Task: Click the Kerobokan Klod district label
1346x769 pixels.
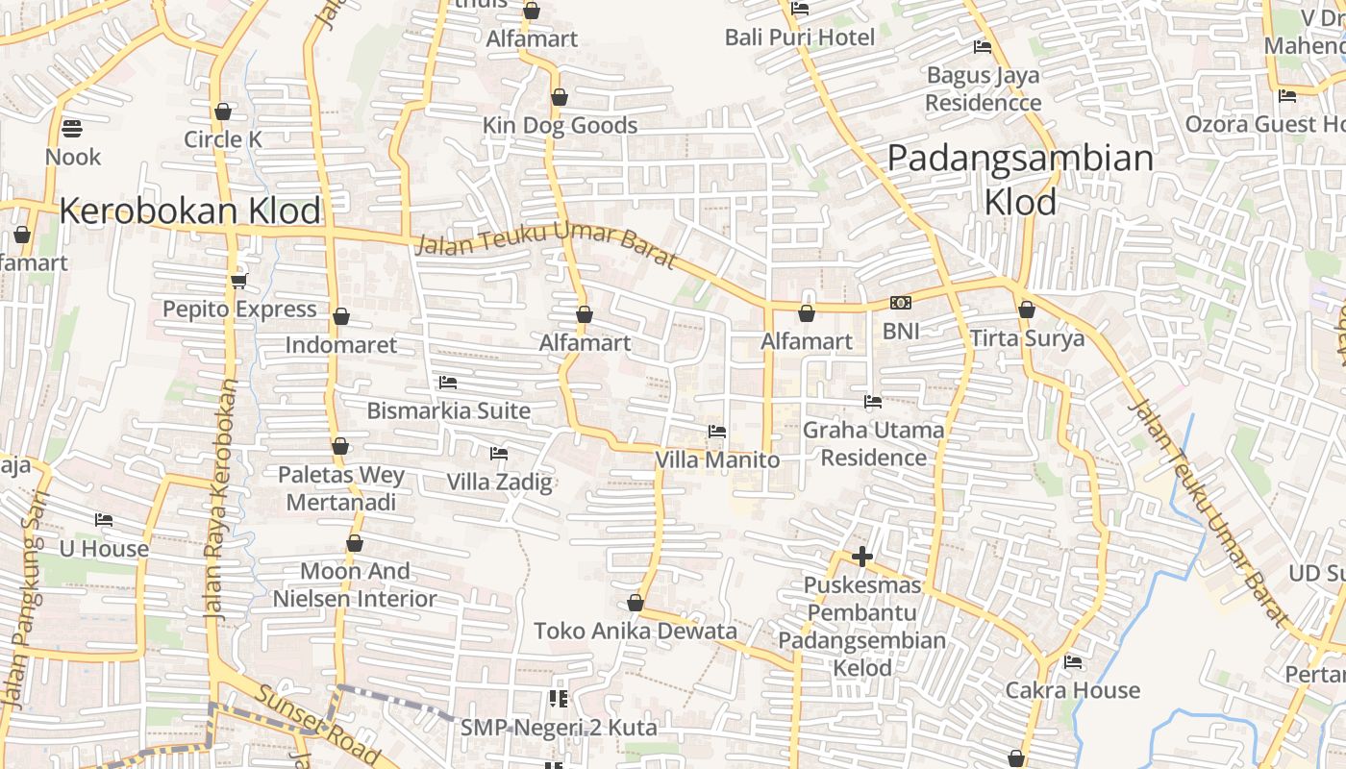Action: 190,211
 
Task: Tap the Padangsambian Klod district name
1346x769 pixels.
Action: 1020,179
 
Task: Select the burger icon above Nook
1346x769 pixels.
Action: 72,128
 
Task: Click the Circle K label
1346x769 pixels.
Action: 223,139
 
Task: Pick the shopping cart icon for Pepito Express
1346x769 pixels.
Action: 238,281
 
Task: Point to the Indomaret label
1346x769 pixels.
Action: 341,344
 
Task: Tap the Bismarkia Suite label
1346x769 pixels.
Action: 448,410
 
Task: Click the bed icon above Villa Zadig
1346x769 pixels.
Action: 499,453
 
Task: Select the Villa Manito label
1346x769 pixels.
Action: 717,460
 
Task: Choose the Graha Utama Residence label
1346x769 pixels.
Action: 873,443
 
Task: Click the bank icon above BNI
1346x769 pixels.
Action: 901,303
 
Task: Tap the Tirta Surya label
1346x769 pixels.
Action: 1027,338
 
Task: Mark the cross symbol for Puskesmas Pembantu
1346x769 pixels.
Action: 862,557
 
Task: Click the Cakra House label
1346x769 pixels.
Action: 1073,690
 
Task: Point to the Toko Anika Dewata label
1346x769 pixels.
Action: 636,632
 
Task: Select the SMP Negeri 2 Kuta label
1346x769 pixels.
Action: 559,728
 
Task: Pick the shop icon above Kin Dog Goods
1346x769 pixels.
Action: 560,97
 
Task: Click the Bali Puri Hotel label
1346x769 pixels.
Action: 800,37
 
